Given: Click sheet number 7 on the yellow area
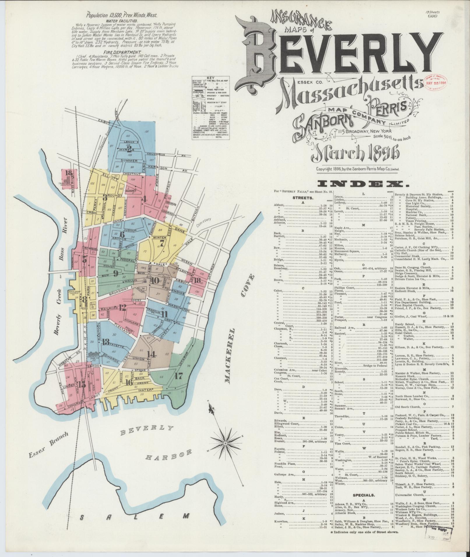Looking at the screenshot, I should (x=161, y=242).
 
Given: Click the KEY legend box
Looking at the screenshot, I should (x=210, y=107).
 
